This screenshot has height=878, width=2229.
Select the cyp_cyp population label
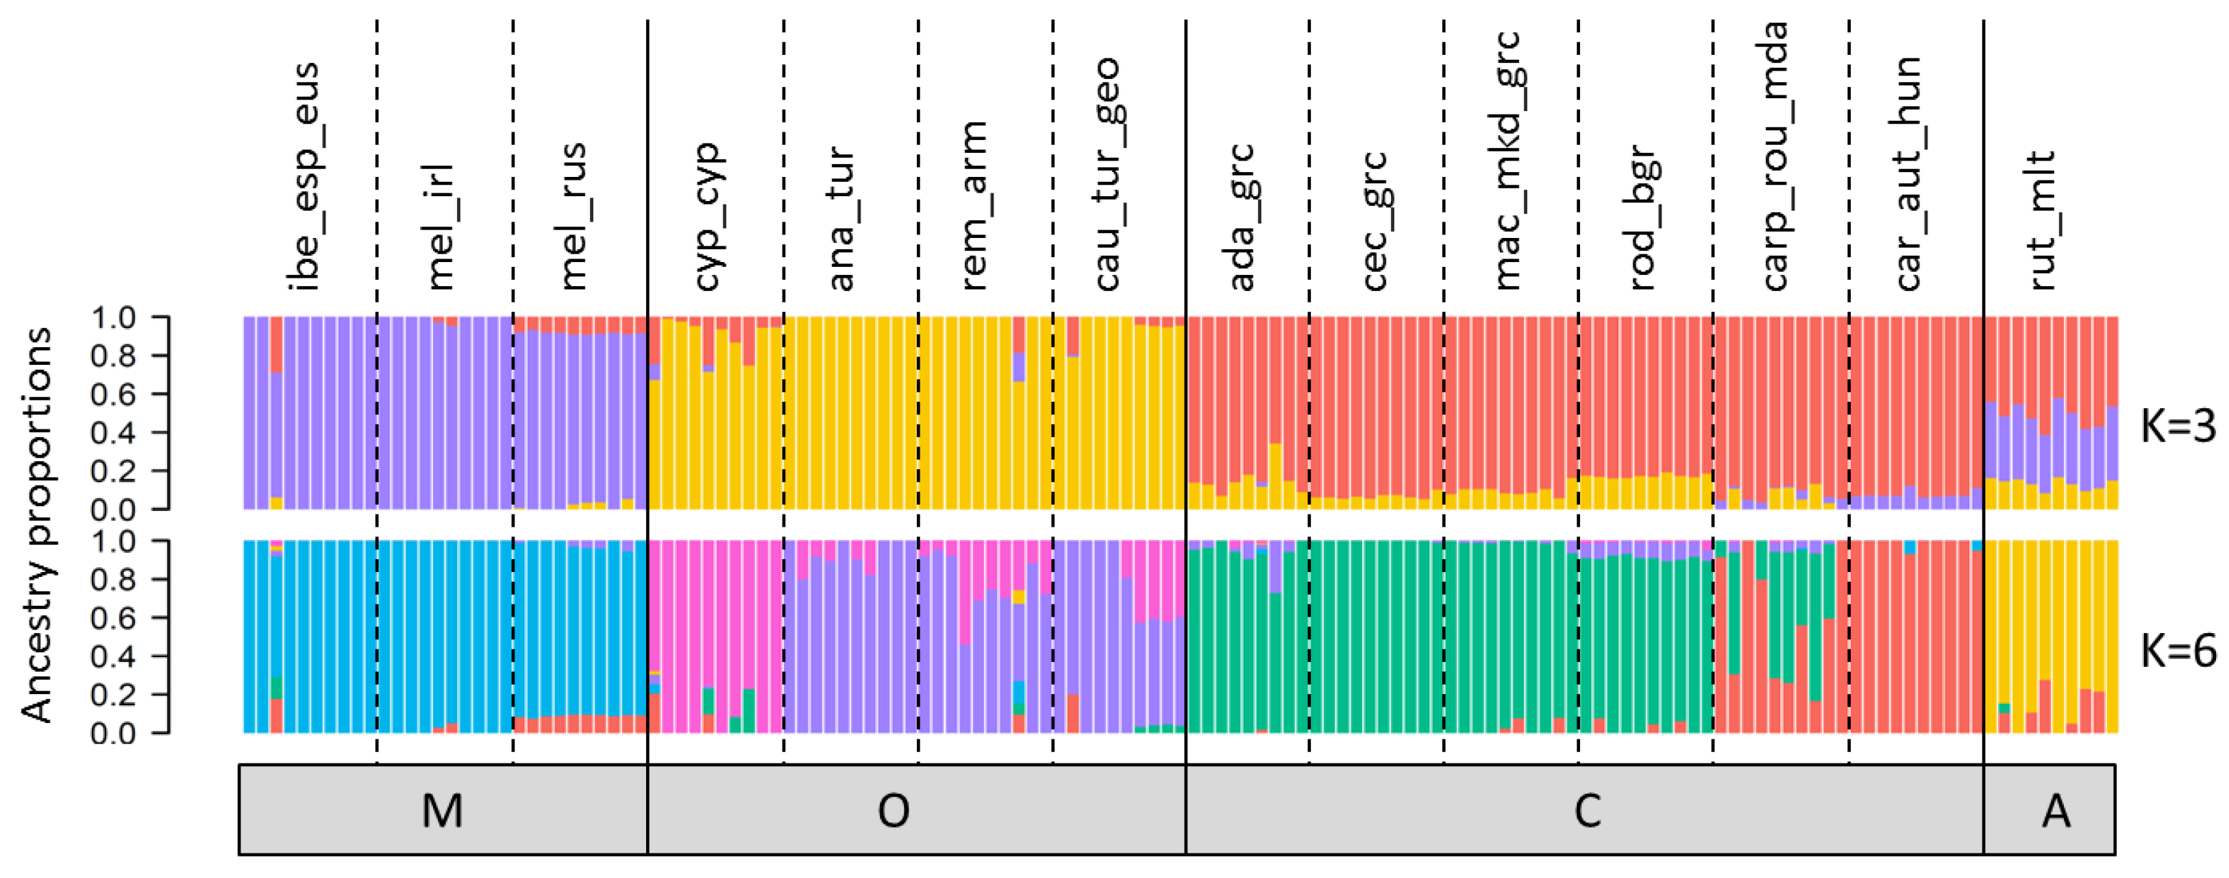click(708, 217)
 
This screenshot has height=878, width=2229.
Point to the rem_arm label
click(974, 206)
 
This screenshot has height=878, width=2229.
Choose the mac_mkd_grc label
click(1507, 161)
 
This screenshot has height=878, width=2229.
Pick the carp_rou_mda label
click(1775, 156)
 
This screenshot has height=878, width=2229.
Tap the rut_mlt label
click(2042, 221)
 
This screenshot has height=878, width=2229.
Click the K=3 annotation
click(2177, 426)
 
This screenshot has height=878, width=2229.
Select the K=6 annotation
click(2177, 650)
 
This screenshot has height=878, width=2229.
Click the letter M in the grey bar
click(442, 811)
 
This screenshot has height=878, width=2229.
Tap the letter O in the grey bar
click(893, 811)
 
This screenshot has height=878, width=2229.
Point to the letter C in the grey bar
click(1587, 811)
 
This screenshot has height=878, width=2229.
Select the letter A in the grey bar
click(2056, 811)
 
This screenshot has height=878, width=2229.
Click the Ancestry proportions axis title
click(36, 525)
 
